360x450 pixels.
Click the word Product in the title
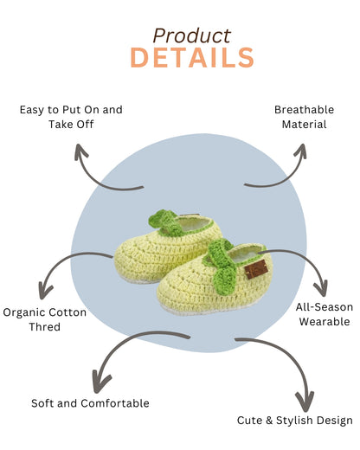(192, 35)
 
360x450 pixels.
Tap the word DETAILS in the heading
(192, 58)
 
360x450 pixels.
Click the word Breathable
(304, 110)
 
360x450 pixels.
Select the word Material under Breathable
(304, 125)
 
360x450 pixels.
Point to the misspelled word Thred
(45, 327)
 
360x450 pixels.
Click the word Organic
(24, 312)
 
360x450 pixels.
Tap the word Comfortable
(115, 403)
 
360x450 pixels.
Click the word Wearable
(325, 321)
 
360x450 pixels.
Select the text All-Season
(325, 307)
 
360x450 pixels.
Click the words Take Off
(71, 125)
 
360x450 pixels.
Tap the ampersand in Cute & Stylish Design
(269, 421)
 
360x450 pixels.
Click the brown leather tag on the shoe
(256, 269)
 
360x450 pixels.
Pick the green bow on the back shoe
(166, 222)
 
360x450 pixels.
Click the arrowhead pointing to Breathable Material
(301, 151)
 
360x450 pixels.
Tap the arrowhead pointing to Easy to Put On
(80, 151)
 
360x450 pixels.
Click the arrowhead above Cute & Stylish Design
(305, 401)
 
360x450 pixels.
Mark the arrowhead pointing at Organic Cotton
(45, 292)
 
